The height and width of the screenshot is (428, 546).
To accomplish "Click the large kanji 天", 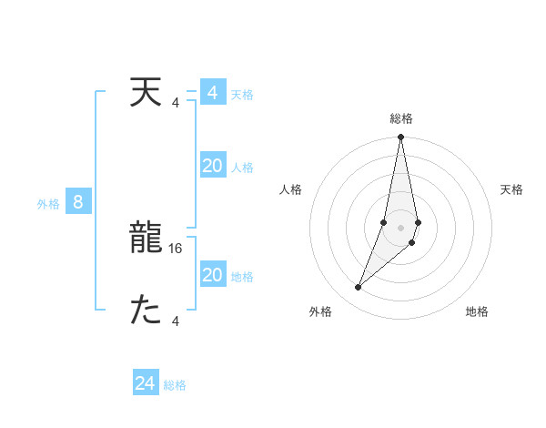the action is (x=146, y=93).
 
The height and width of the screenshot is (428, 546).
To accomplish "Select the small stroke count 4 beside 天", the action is (x=176, y=102).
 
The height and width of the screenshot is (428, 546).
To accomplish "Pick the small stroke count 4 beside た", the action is (x=176, y=321).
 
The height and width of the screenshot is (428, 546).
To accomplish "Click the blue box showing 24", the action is (x=146, y=384).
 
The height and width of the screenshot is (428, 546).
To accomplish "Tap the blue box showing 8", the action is (x=78, y=202).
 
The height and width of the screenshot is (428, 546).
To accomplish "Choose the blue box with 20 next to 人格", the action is (x=213, y=166).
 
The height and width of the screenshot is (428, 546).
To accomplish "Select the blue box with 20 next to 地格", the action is (x=213, y=275).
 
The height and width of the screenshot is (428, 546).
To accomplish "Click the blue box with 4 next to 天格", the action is (x=213, y=93).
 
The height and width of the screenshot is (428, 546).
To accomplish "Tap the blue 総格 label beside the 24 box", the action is (x=176, y=385).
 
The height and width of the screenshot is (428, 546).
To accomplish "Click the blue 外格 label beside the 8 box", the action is (x=48, y=204).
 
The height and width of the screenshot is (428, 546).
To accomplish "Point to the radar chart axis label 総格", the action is (x=401, y=118).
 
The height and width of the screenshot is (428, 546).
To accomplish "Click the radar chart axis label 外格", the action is (x=320, y=311).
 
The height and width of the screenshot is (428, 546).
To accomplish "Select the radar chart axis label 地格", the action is (x=477, y=311).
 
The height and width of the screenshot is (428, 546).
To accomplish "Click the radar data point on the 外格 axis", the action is (x=359, y=288).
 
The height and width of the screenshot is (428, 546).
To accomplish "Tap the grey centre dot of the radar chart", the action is (x=401, y=228).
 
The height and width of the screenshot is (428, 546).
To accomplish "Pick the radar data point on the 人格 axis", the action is (x=384, y=222).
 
